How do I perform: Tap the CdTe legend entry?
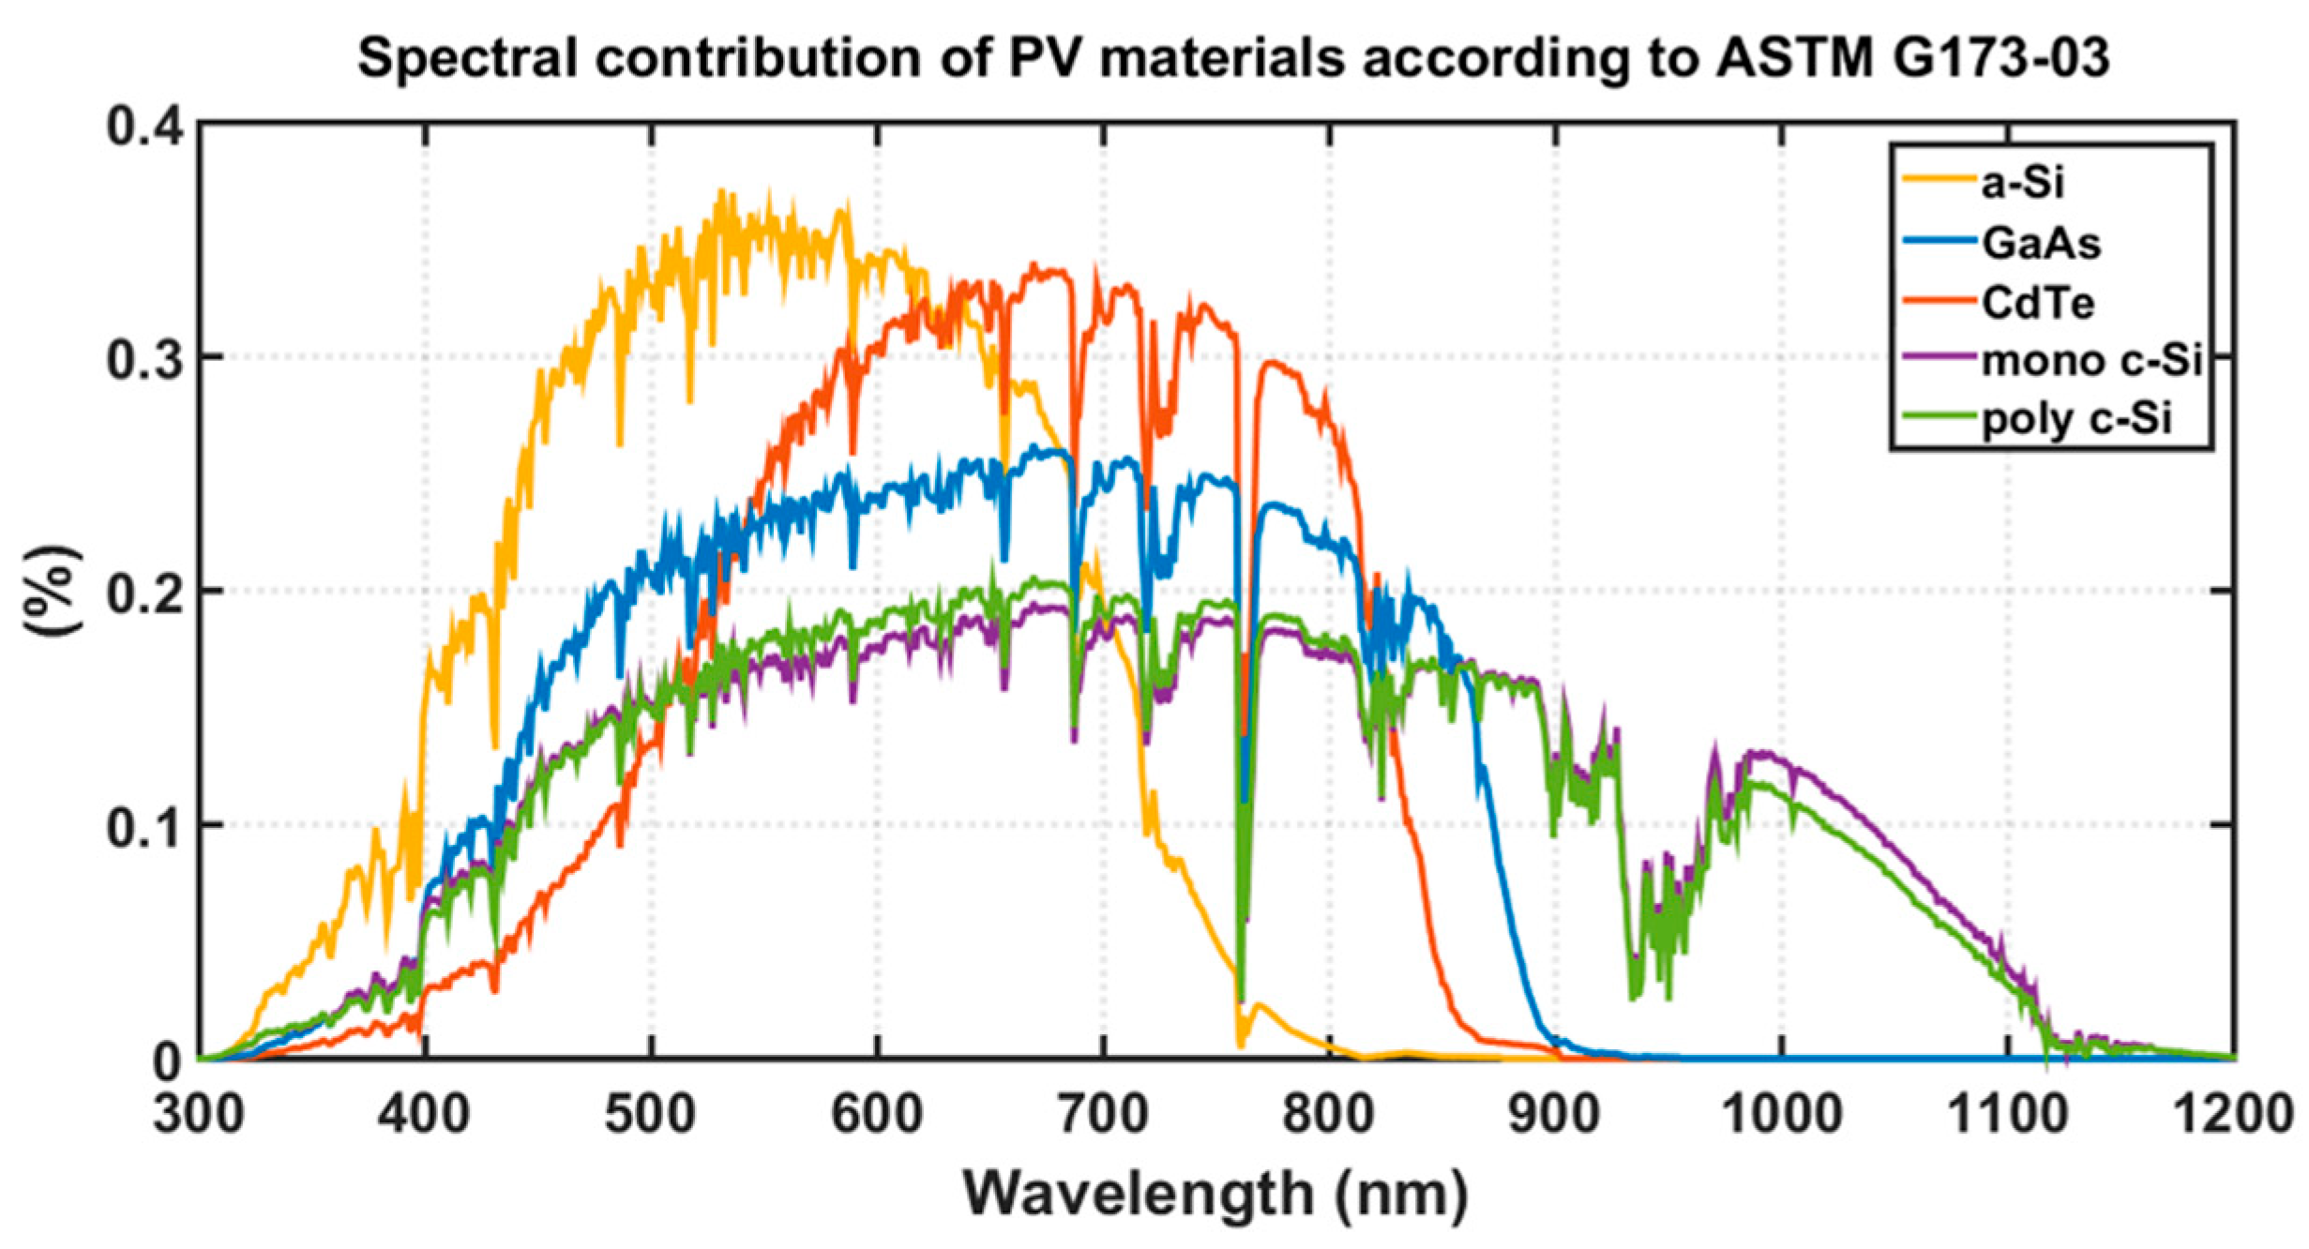(x=2037, y=303)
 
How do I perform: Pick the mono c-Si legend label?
(x=2090, y=361)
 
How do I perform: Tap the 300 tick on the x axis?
(x=199, y=1116)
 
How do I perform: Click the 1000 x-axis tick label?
(x=1782, y=1116)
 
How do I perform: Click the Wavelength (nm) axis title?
(x=1215, y=1194)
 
